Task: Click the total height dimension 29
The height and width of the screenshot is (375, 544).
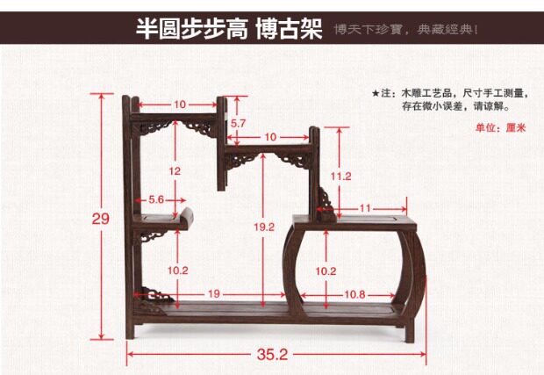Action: (x=101, y=219)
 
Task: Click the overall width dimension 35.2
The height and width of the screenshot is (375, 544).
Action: (x=273, y=355)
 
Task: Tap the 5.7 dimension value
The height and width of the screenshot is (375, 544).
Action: (x=238, y=125)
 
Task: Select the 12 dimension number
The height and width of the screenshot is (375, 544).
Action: (x=175, y=170)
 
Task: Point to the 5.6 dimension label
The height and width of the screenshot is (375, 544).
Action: (x=157, y=199)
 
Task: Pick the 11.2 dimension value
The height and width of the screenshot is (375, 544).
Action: (x=341, y=177)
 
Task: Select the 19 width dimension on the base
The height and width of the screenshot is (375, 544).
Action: (x=214, y=293)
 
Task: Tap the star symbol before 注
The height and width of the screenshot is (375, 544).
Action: (x=376, y=92)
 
